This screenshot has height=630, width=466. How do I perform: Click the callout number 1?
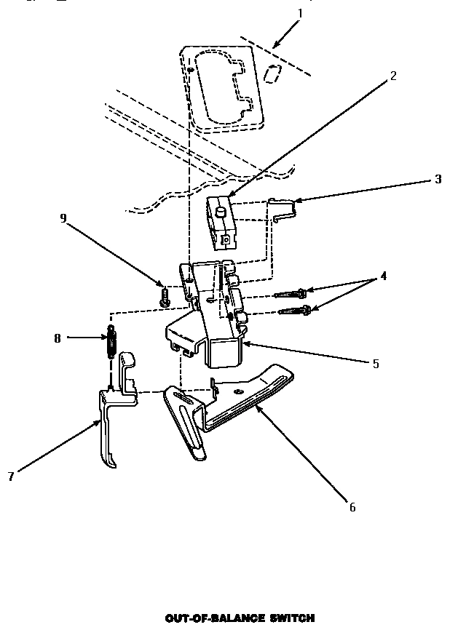click(300, 13)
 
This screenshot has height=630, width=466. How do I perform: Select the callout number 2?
click(393, 76)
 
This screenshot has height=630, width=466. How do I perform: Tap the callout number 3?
click(438, 179)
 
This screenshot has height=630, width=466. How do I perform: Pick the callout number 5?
click(375, 364)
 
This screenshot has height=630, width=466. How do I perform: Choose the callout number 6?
click(352, 507)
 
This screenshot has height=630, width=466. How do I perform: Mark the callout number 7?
click(10, 477)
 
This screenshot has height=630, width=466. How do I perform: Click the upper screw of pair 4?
click(291, 294)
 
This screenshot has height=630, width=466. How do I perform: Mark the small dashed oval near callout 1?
click(272, 73)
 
